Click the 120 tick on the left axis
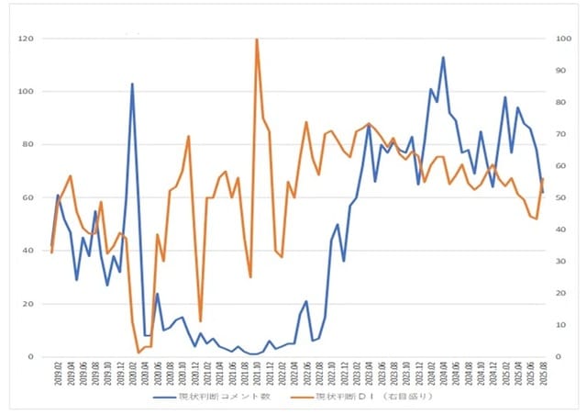[26, 39]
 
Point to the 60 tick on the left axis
[28, 197]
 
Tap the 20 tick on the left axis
[28, 304]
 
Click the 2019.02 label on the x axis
[58, 376]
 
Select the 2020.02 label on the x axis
[132, 376]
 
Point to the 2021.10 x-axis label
[257, 376]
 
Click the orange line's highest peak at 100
[256, 39]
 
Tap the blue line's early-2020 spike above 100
[132, 84]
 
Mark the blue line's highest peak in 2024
[443, 57]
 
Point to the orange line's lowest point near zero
[138, 353]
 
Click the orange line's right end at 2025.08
[543, 178]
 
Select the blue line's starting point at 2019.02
[51, 246]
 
